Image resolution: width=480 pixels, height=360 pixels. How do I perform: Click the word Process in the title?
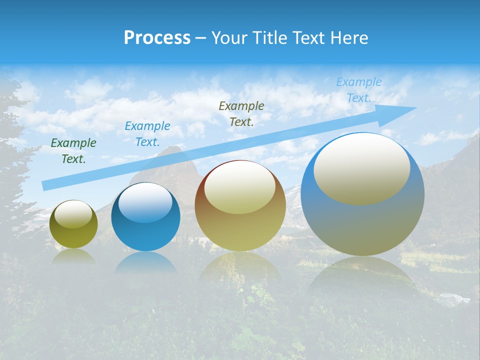(157, 38)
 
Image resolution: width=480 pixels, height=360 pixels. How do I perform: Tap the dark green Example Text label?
(73, 151)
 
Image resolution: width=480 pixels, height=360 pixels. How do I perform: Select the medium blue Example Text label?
(147, 134)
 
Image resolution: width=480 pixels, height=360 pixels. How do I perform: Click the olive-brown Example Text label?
(241, 114)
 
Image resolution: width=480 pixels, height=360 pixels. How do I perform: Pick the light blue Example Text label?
(358, 90)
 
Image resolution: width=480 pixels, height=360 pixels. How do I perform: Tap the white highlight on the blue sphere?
(145, 201)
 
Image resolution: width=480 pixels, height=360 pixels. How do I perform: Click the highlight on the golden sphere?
(239, 188)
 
